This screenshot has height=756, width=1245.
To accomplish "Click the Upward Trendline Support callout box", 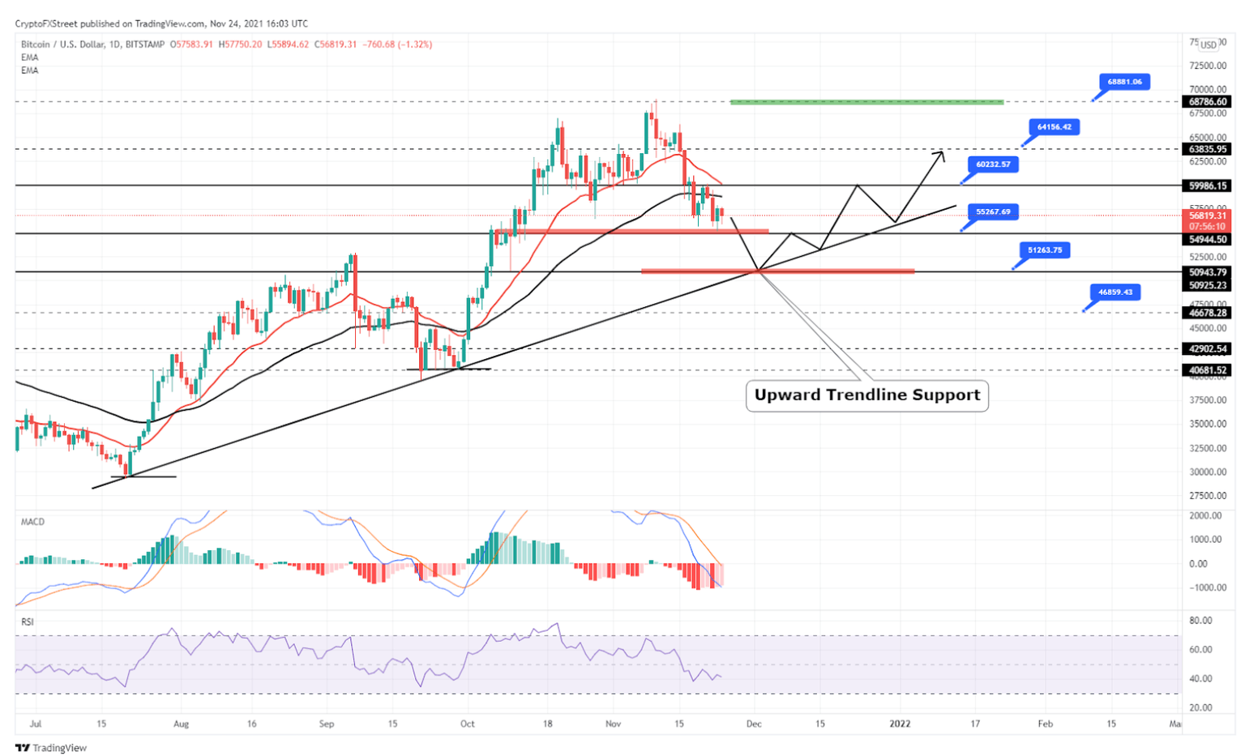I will coord(866,395).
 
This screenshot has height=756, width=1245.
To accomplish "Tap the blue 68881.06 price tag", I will coord(1124,82).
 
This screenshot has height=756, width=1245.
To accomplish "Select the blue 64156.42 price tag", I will coord(1054,127).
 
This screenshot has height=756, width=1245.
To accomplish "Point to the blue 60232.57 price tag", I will coord(993,164).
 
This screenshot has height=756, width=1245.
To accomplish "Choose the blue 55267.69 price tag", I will coord(993,212).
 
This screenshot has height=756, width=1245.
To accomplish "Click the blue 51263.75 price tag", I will coord(1044,250).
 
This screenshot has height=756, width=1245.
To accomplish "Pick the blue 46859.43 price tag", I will coord(1115,293).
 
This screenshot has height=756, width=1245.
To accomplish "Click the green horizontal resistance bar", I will coord(866,102).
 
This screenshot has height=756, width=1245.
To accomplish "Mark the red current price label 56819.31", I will coord(1208,216).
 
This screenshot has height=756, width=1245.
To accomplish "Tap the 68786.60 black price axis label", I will coord(1208,102).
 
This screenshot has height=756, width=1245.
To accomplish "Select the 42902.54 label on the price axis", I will coord(1208,349).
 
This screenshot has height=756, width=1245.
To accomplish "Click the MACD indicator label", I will coord(32,522).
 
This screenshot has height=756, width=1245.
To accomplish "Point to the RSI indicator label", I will coord(28,621).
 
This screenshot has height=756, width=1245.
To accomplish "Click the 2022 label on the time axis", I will coord(899,724).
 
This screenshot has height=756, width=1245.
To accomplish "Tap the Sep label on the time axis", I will coord(327,724).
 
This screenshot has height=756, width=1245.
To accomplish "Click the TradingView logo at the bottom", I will coord(51,748).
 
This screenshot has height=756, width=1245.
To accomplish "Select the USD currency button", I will coord(1209,45).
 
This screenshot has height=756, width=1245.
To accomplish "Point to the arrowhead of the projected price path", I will coord(941,153).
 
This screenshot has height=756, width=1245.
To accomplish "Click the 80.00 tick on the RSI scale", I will coord(1200,621).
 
